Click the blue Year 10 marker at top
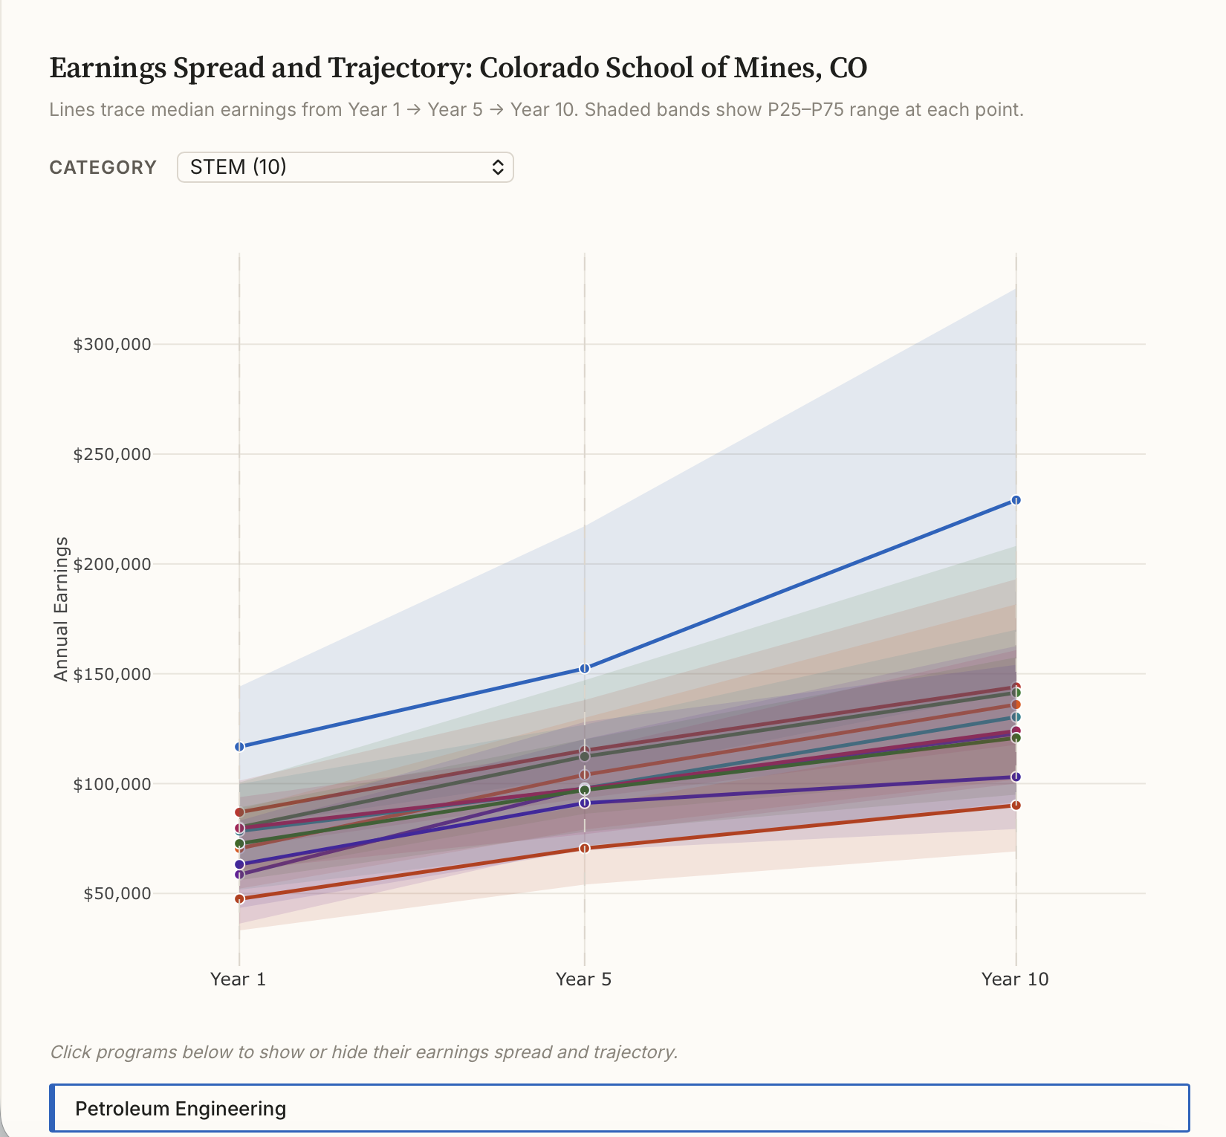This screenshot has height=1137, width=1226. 1016,500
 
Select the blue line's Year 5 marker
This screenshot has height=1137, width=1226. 584,668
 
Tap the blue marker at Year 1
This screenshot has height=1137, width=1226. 239,746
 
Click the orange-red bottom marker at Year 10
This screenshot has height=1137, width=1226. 1016,805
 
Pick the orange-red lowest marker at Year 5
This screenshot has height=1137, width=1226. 584,848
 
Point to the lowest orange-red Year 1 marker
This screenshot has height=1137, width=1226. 239,898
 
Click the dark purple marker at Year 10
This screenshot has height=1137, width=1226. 1016,777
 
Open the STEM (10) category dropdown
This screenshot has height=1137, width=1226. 345,167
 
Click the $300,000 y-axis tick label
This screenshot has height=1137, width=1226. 111,344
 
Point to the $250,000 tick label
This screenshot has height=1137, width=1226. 111,454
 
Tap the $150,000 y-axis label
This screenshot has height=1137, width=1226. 111,674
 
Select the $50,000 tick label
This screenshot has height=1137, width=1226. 117,893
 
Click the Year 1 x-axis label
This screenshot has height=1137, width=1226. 238,979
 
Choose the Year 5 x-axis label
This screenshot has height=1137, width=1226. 583,979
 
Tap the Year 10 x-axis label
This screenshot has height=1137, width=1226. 1014,979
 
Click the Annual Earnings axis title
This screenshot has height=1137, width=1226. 61,609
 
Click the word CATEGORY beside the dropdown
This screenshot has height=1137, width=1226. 103,167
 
